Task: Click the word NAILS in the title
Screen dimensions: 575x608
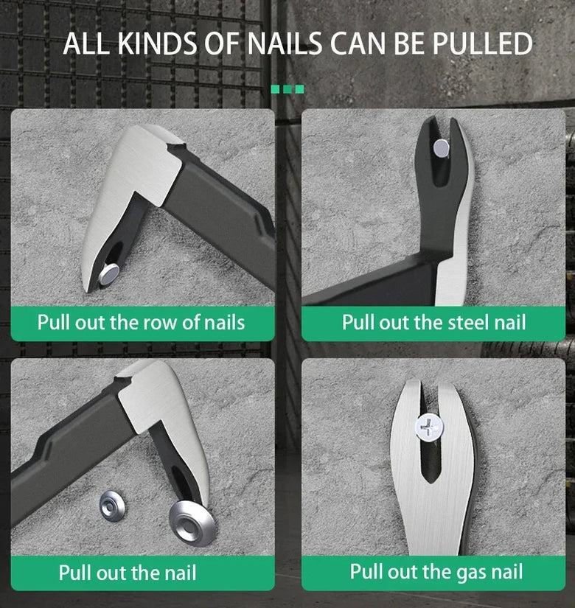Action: point(285,43)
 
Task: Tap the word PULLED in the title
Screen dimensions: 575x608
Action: point(482,43)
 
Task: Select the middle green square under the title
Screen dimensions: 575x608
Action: point(287,90)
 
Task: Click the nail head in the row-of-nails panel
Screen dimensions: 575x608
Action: point(109,274)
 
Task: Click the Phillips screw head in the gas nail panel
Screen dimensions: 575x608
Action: point(430,427)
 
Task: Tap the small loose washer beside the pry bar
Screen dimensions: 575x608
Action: point(113,506)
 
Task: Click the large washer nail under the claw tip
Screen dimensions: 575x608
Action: point(192,523)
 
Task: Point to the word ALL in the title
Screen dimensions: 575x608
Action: point(86,43)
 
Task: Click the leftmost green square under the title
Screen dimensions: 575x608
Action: point(275,90)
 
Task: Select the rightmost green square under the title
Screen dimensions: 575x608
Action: point(299,90)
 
